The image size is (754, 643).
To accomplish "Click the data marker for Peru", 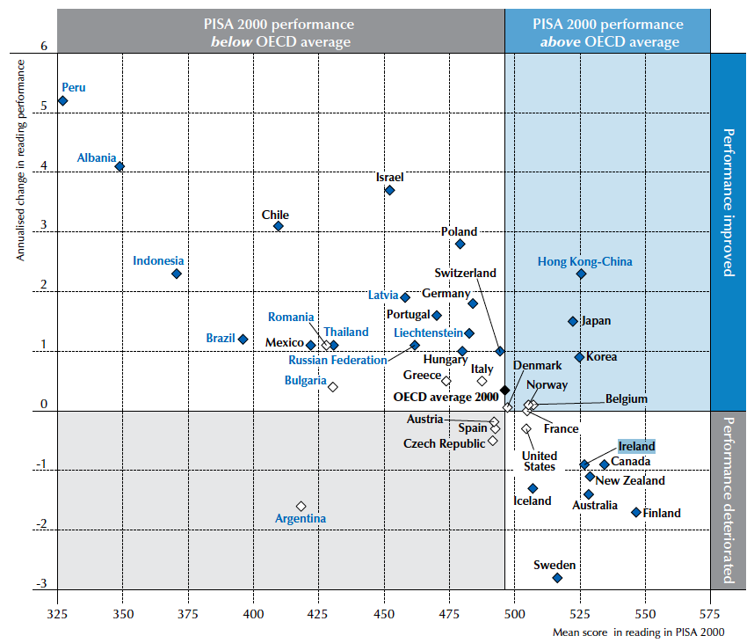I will (x=62, y=101).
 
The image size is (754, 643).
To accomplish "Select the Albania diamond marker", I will (x=120, y=166).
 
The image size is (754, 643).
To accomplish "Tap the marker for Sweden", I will (x=557, y=578).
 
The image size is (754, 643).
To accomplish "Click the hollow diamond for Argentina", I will (x=301, y=506).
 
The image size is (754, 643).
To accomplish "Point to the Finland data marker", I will (x=635, y=511).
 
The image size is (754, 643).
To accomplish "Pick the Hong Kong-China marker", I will (x=581, y=274).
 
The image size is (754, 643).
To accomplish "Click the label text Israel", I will (x=390, y=177).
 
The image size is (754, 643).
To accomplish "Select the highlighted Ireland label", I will (x=636, y=446).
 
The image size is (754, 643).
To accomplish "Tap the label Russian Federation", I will (x=337, y=360).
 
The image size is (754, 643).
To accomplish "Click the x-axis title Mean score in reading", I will (x=638, y=632).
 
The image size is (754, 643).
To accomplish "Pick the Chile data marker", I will (x=279, y=226).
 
